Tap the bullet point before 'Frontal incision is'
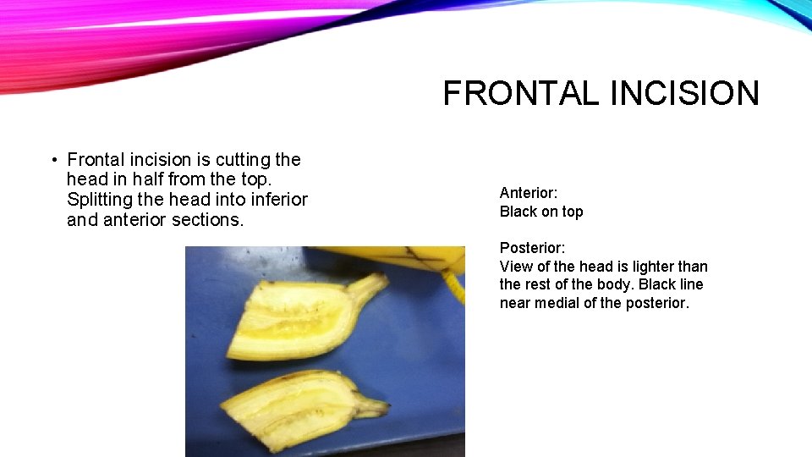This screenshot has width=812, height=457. (53, 159)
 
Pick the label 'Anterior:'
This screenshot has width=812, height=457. (529, 193)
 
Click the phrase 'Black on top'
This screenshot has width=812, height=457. (541, 212)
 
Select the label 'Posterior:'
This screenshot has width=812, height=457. (533, 248)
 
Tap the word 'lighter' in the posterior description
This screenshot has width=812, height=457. (647, 267)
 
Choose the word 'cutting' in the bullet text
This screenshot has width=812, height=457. (243, 159)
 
